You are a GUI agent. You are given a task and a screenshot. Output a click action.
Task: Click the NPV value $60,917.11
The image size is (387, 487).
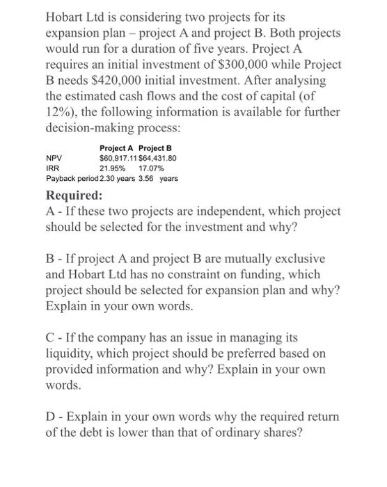pyautogui.click(x=119, y=159)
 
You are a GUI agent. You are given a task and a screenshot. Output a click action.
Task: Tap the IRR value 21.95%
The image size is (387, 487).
pyautogui.click(x=113, y=168)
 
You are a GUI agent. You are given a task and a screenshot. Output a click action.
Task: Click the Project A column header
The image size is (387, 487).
pyautogui.click(x=118, y=148)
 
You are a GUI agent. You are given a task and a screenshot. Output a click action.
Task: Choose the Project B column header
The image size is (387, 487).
pyautogui.click(x=156, y=148)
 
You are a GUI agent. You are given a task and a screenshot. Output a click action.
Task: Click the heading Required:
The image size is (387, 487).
pyautogui.click(x=74, y=195)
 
